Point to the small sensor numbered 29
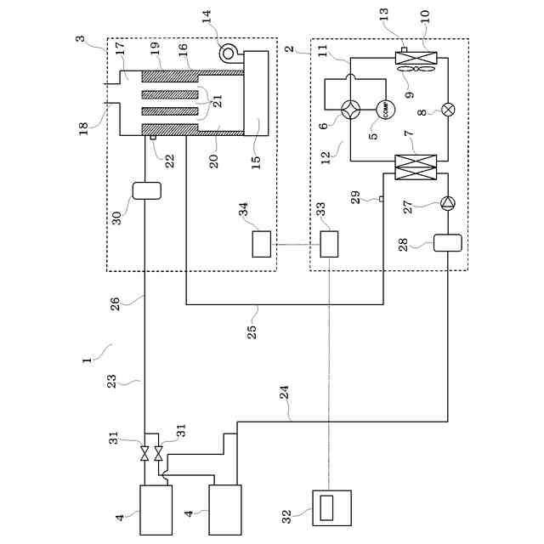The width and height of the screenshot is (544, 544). (381, 200)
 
